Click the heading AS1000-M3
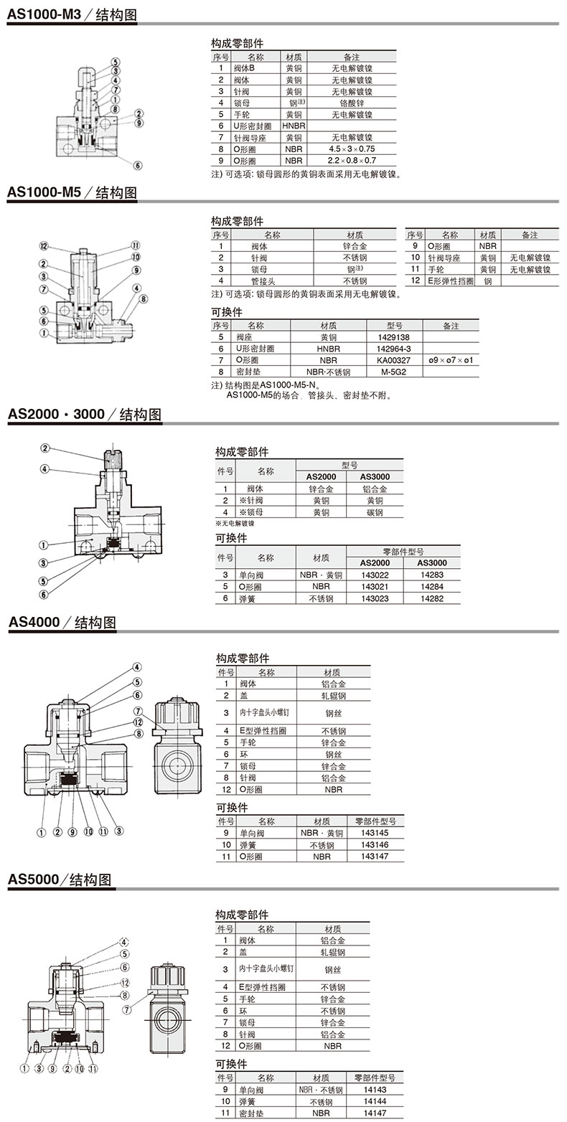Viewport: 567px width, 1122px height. pyautogui.click(x=44, y=14)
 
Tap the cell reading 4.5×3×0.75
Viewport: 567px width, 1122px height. pyautogui.click(x=352, y=148)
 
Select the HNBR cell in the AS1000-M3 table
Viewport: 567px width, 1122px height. pyautogui.click(x=294, y=126)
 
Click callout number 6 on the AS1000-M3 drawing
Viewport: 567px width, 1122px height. pyautogui.click(x=138, y=165)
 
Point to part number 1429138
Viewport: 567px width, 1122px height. pyautogui.click(x=393, y=337)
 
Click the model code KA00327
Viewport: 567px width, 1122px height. pyautogui.click(x=393, y=360)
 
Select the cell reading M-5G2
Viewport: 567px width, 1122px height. pyautogui.click(x=393, y=372)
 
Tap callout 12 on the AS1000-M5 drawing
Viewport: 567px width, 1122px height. pyautogui.click(x=44, y=245)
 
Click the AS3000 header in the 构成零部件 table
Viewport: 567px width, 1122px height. pyautogui.click(x=375, y=477)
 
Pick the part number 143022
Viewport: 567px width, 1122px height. pyautogui.click(x=375, y=575)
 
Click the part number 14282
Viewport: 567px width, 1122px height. pyautogui.click(x=431, y=598)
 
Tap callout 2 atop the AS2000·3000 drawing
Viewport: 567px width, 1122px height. pyautogui.click(x=45, y=448)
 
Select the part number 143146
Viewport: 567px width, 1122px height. pyautogui.click(x=375, y=844)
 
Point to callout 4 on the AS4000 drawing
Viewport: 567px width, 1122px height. pyautogui.click(x=137, y=667)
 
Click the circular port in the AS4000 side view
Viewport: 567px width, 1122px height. pyautogui.click(x=179, y=766)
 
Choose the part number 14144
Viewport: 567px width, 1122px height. pyautogui.click(x=375, y=1101)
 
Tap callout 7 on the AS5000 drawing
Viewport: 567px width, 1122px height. pyautogui.click(x=127, y=1010)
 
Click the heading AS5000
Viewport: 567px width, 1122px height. pyautogui.click(x=33, y=878)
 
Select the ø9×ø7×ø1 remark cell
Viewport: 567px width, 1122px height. pyautogui.click(x=451, y=360)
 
